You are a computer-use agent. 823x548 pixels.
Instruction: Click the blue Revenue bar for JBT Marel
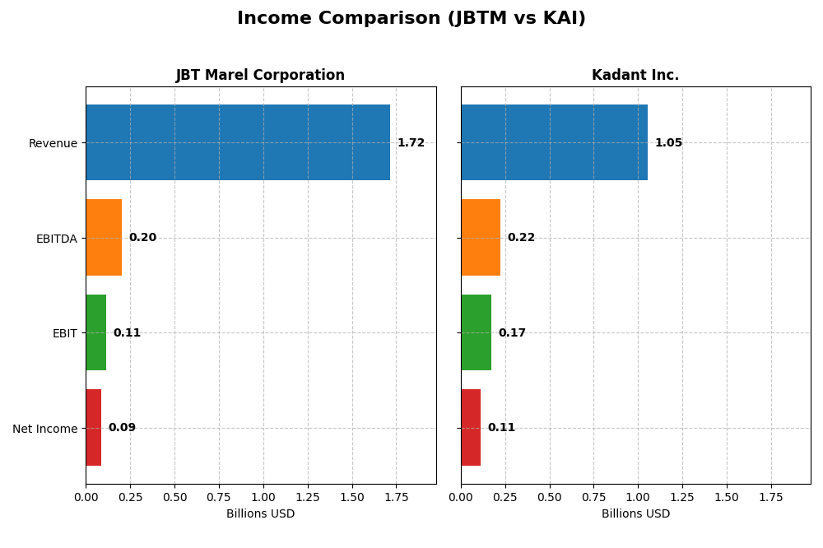238,142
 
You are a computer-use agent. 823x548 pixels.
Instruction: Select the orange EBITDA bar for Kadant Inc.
481,237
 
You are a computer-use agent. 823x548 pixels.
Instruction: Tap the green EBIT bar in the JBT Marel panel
95,332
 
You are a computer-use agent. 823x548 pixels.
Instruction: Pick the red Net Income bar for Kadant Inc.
471,428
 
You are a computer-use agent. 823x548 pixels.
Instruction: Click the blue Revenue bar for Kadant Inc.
554,142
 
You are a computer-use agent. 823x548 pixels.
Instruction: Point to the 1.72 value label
411,143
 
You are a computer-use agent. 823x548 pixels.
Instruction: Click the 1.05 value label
668,143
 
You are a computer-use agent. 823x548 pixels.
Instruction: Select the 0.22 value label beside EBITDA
521,238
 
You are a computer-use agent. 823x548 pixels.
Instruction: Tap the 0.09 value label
122,428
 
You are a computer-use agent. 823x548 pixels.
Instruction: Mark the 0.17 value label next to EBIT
512,333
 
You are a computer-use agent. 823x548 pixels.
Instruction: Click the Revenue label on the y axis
53,143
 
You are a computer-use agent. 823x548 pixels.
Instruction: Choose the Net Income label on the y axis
44,429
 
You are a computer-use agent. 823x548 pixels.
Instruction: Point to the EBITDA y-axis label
56,239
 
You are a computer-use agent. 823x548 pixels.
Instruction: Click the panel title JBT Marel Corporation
260,76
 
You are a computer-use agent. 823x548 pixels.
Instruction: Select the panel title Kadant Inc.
635,76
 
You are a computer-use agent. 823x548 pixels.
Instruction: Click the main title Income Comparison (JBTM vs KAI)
411,19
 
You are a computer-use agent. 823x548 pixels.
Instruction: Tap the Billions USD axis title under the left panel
260,514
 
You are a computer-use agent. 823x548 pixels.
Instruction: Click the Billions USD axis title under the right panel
635,514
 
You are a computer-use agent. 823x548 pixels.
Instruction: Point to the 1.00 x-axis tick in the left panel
263,498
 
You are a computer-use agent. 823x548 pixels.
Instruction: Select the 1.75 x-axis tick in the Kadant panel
771,498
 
